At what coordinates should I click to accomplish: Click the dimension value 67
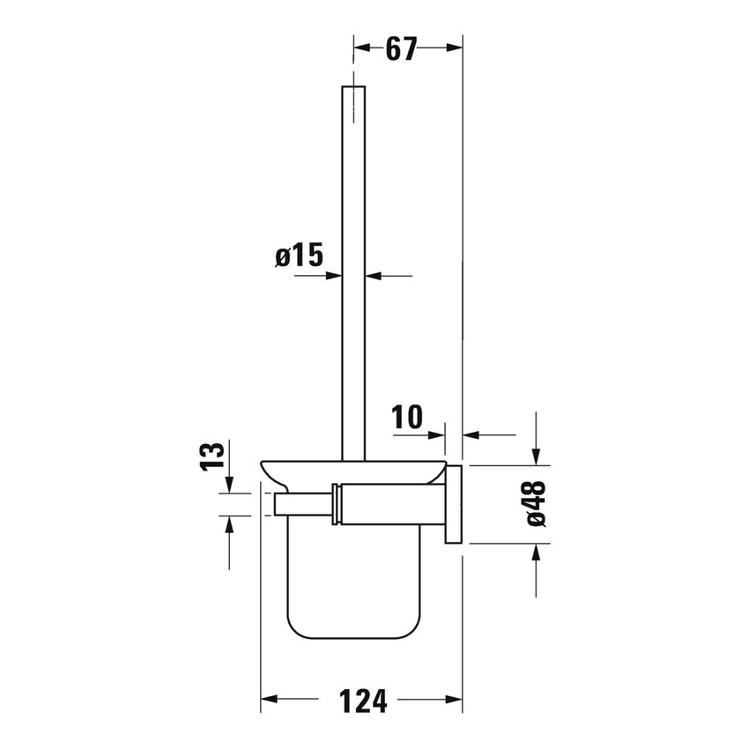[400, 50]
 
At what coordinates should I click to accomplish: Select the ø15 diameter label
[299, 256]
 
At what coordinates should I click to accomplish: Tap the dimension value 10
[408, 416]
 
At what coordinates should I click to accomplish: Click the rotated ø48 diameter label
[536, 504]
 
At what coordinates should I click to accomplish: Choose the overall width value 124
[363, 701]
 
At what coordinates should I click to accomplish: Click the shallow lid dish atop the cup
[352, 472]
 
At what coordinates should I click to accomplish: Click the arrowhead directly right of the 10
[438, 434]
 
